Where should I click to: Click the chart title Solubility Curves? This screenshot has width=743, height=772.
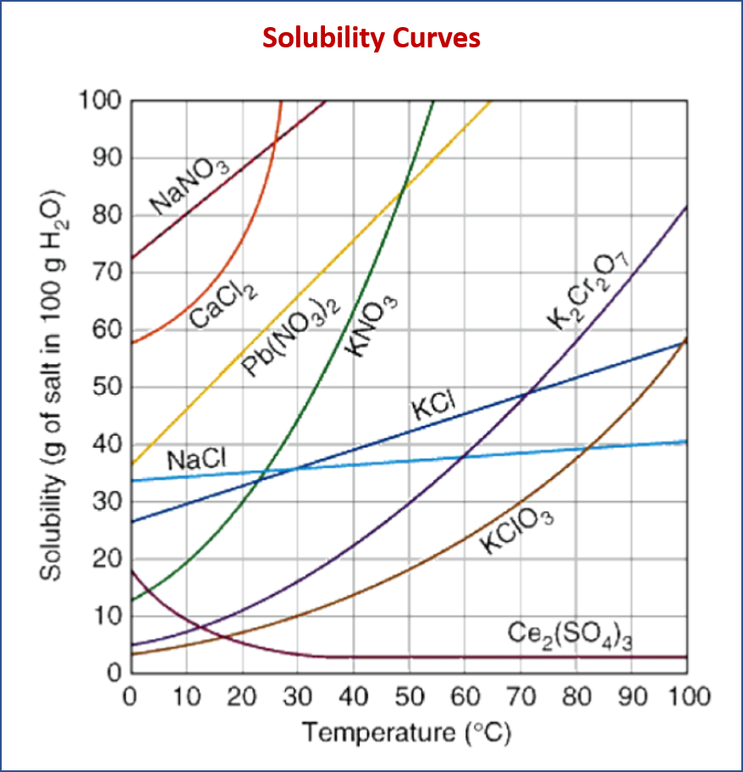tap(371, 38)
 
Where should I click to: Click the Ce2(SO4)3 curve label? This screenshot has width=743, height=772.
tap(570, 634)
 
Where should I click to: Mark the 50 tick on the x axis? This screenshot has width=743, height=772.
tap(409, 697)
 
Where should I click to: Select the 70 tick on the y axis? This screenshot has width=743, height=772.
tap(108, 273)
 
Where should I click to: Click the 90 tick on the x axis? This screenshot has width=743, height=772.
tap(631, 697)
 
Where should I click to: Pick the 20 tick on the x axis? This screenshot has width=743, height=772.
tap(242, 697)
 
